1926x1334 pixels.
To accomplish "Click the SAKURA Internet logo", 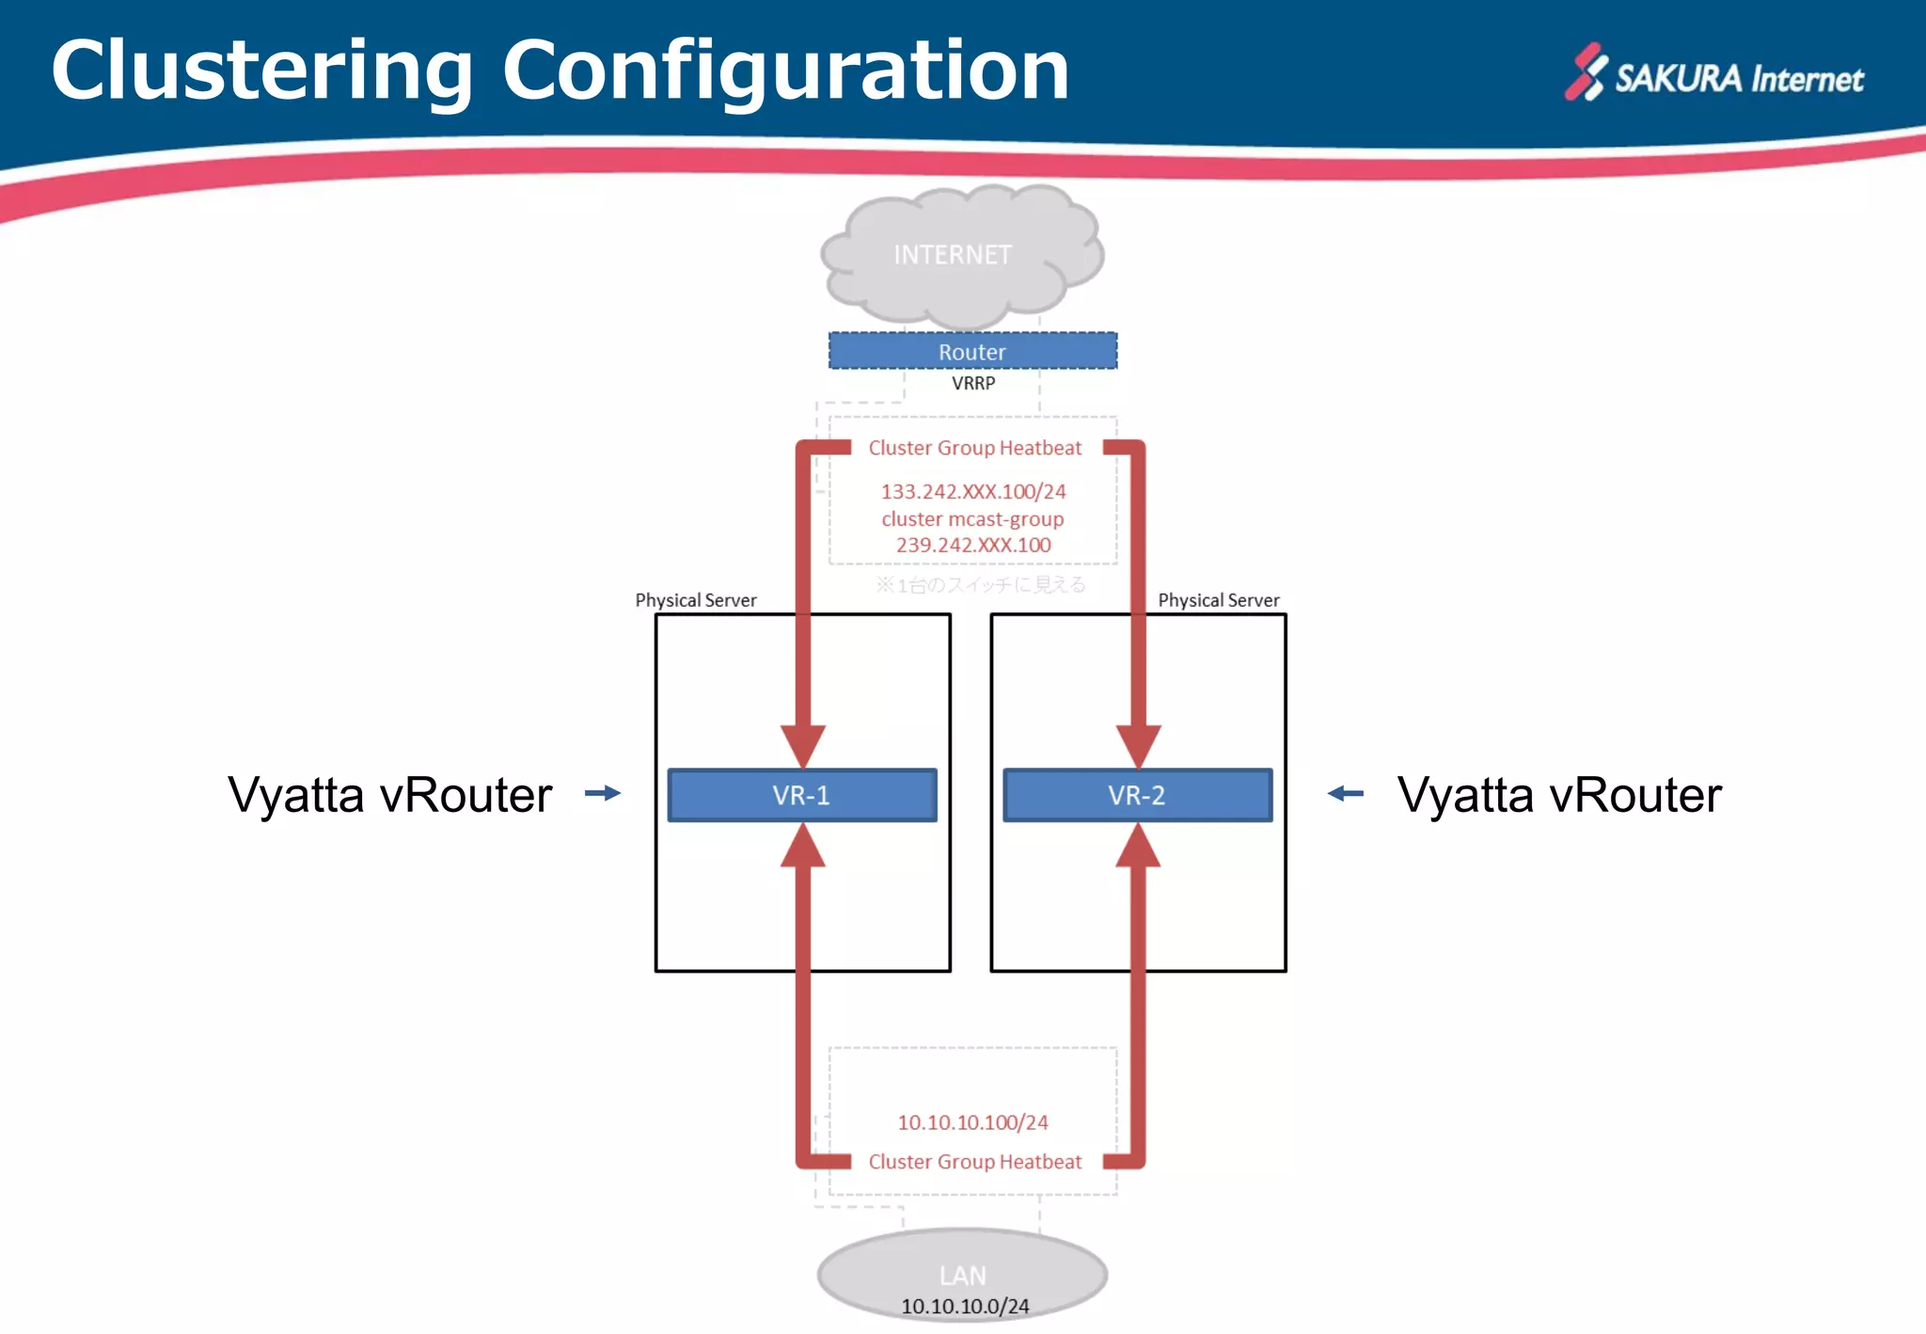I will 1714,74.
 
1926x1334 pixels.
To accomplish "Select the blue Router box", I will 972,352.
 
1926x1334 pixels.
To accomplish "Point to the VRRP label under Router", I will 973,384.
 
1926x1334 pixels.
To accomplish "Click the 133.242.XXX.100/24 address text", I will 973,492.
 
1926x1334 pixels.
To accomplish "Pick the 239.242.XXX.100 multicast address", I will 973,546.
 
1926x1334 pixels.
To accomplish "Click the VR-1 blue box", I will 802,796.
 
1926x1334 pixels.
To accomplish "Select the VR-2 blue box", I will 1137,796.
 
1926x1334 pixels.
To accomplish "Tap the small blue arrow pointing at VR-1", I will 603,793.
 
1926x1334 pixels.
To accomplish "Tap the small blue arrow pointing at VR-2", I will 1345,793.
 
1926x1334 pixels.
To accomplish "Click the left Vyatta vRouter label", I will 390,796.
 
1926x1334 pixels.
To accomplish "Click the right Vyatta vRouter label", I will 1559,796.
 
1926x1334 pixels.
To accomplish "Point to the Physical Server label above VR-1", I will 696,600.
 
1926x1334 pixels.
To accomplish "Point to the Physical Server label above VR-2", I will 1219,600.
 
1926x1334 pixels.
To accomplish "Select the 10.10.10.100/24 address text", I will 973,1122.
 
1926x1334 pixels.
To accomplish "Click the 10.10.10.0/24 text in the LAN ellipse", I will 965,1307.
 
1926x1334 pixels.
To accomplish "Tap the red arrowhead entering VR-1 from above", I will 803,746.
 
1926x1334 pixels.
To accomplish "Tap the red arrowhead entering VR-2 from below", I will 1138,845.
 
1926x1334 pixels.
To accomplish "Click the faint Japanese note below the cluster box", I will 981,585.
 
